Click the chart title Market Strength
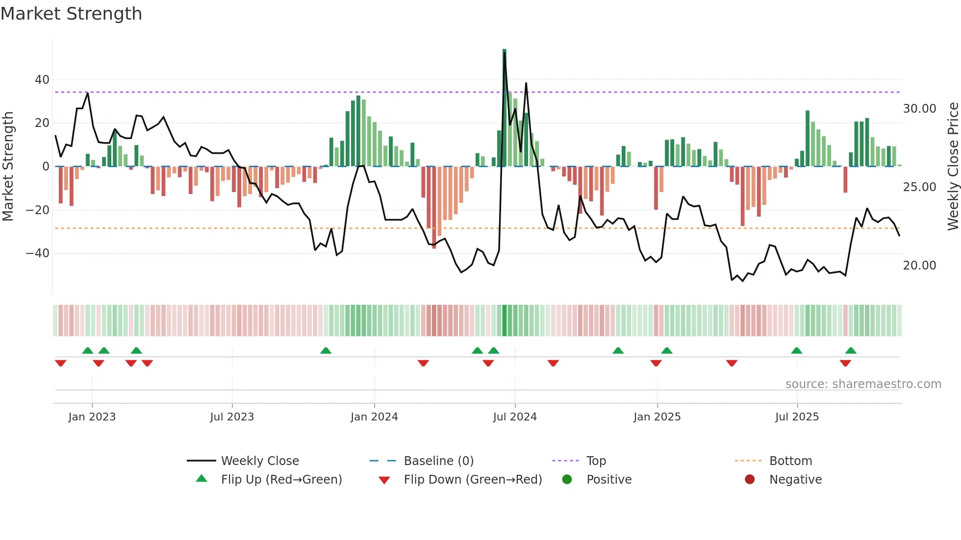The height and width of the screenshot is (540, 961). coord(71,14)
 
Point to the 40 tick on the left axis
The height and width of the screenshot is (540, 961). coord(42,79)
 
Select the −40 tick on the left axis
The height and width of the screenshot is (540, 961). coord(38,253)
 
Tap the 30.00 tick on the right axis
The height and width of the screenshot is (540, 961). coord(919,109)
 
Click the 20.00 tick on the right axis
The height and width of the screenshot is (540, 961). coord(919,266)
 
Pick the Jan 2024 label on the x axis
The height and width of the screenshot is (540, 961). coord(374,417)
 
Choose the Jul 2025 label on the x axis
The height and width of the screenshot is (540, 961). coord(797,417)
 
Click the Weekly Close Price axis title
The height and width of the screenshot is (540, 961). coord(953,167)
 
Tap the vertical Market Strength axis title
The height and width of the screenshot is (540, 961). coord(8,167)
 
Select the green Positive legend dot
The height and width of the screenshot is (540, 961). coord(567,480)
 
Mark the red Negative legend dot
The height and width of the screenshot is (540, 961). coord(750,480)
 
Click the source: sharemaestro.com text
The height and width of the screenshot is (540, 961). coord(863,384)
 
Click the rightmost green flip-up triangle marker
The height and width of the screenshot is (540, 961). coord(851,351)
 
